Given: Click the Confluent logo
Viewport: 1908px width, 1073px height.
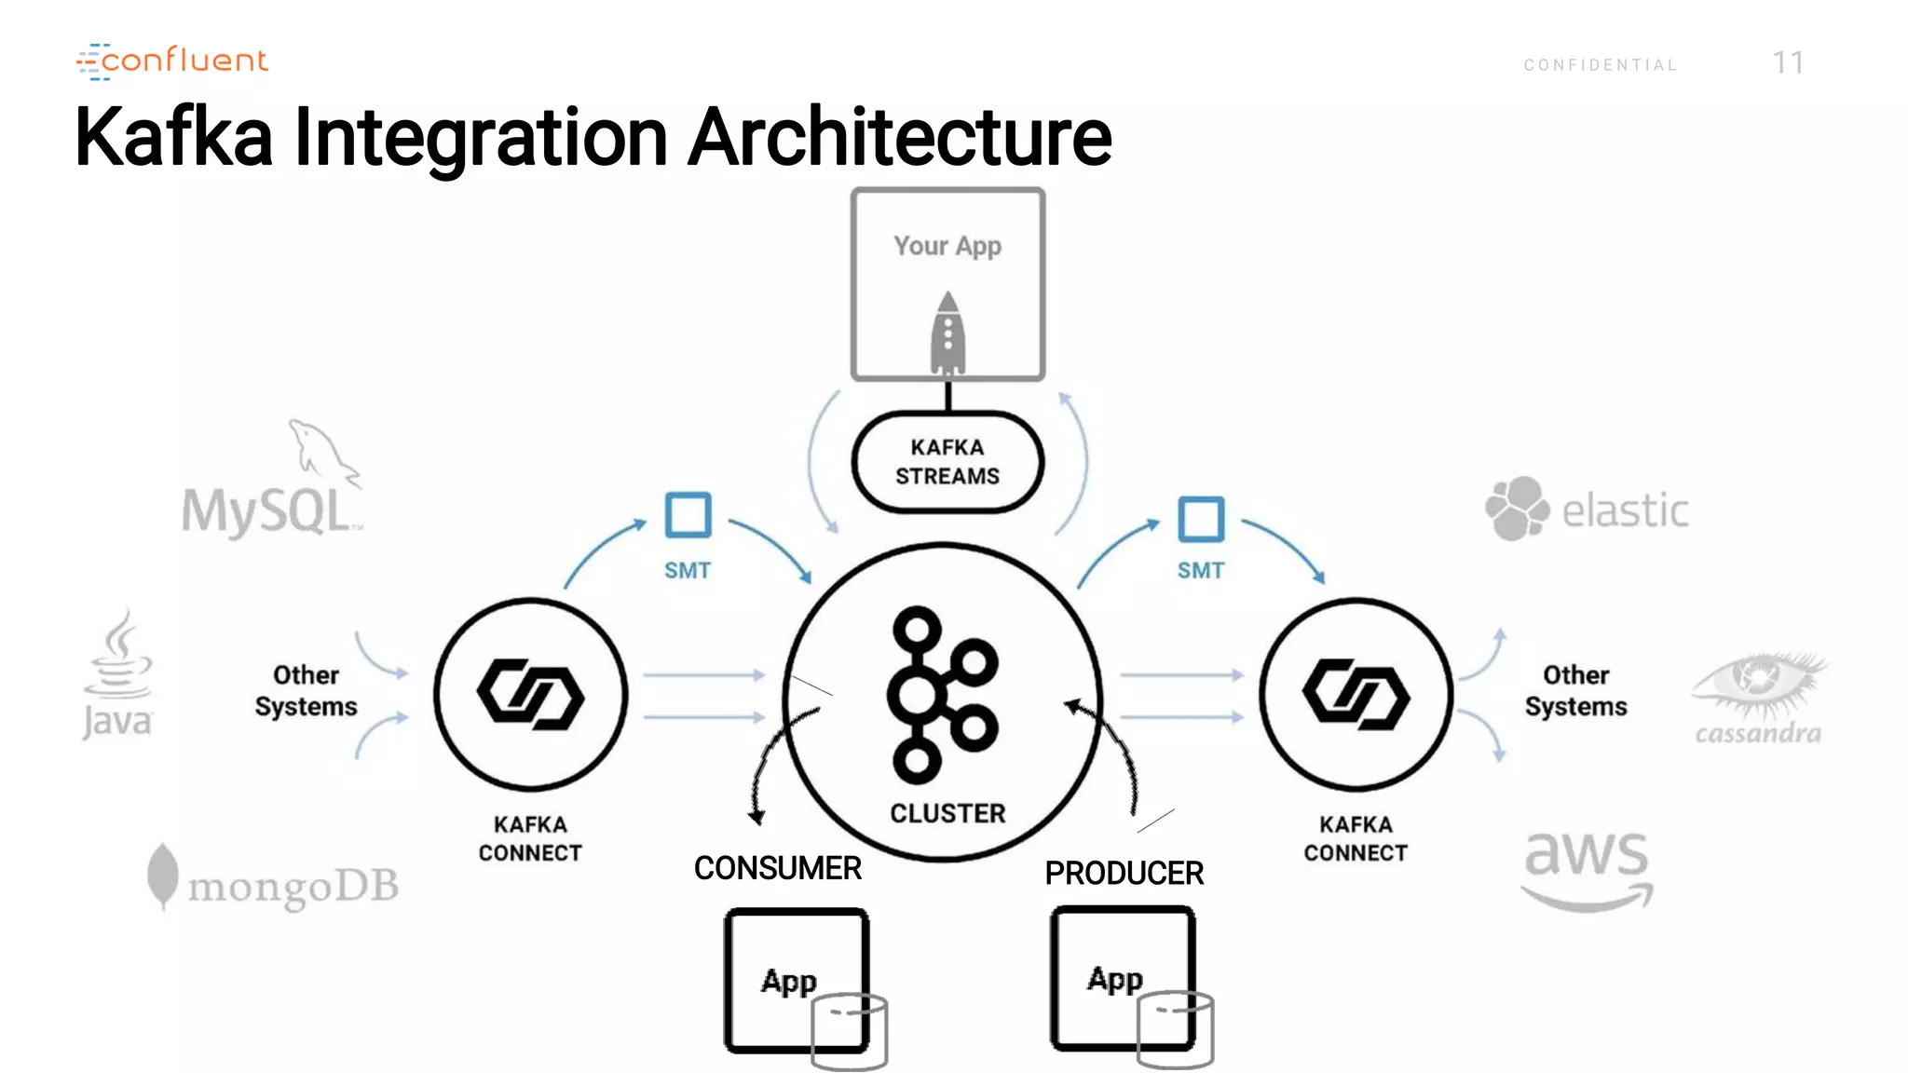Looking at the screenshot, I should (172, 61).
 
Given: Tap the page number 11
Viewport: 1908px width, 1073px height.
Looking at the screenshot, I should (1788, 63).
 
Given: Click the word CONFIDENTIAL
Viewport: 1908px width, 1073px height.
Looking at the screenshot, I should (1601, 65).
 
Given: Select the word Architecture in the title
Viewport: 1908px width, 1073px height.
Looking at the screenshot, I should (899, 138).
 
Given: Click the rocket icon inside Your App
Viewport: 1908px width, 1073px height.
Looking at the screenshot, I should (947, 333).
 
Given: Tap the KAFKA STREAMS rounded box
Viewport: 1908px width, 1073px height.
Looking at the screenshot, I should (947, 462).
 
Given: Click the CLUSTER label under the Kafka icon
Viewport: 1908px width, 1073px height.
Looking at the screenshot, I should (947, 813).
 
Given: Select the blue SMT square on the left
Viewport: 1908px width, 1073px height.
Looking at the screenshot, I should (688, 515).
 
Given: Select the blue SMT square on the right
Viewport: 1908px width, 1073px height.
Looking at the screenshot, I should (1201, 519).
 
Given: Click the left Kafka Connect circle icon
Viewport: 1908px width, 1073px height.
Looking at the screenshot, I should (530, 694).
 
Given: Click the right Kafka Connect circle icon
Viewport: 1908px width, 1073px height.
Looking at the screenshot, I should (1356, 694).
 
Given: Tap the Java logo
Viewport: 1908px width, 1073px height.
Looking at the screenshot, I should (117, 675).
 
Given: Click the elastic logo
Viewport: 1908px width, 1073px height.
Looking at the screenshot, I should (1587, 509).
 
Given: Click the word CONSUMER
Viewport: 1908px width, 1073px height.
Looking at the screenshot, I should (777, 868).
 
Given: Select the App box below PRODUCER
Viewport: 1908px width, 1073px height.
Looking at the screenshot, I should (1123, 980).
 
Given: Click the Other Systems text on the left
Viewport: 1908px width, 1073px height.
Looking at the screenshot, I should (306, 690).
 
